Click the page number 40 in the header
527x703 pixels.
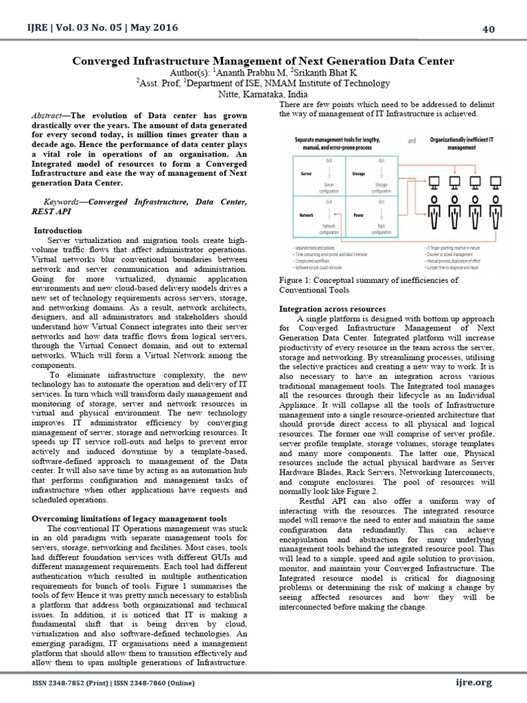[489, 28]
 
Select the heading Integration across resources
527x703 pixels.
[332, 309]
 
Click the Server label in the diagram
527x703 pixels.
[307, 174]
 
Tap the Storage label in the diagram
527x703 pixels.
[358, 174]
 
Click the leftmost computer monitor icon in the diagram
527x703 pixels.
[434, 183]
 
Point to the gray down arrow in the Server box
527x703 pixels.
[328, 174]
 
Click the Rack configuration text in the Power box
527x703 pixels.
[381, 229]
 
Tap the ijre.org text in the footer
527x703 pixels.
[473, 682]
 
